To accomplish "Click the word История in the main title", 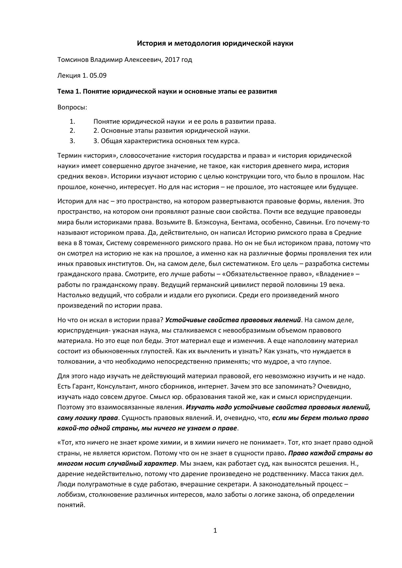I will [150, 43].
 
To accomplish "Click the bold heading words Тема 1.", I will [69, 91].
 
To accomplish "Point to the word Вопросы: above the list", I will [72, 107].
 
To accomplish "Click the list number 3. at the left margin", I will [72, 141].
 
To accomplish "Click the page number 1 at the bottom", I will [215, 530].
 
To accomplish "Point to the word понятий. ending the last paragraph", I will [71, 505].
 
